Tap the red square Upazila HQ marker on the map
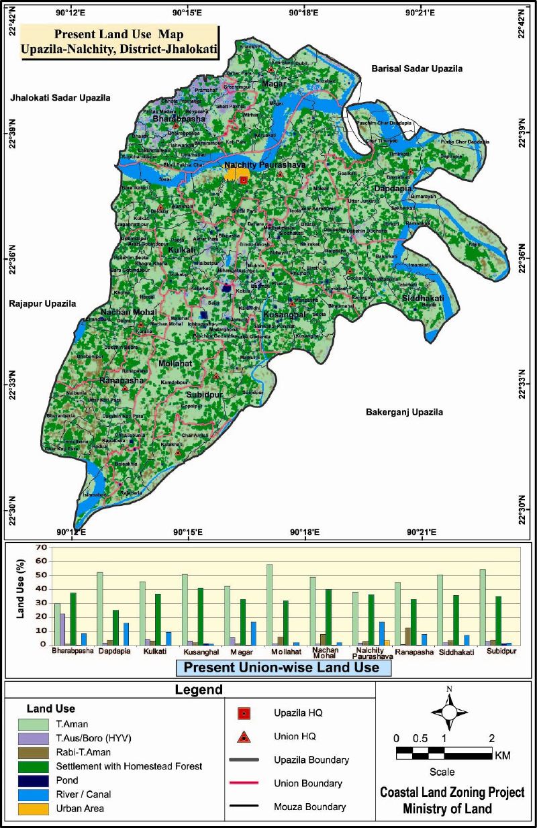[243, 180]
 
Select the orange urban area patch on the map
[233, 174]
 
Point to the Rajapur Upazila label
[42, 303]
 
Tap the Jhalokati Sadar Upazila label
[60, 98]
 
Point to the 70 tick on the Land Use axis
[41, 548]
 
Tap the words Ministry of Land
[447, 809]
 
